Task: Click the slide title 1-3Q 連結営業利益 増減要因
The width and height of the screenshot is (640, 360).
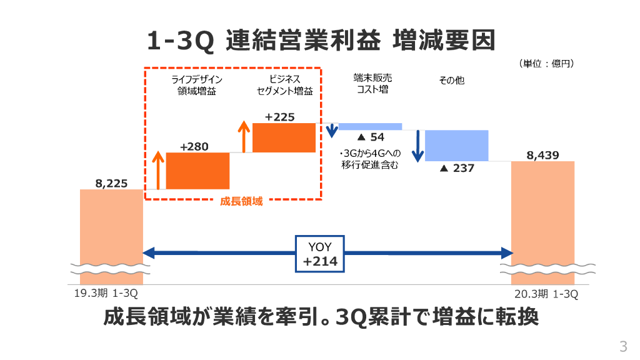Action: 320,41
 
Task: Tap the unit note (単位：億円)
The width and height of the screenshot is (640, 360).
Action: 546,64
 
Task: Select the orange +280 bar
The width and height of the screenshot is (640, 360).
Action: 197,171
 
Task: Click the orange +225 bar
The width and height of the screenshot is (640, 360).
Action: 284,137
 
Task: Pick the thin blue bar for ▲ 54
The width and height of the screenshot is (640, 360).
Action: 370,126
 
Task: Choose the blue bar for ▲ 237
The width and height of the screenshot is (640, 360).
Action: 456,145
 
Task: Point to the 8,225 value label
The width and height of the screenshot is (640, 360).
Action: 111,183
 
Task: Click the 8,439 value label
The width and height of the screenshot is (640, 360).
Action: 542,155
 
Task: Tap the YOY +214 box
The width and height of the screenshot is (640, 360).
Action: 320,254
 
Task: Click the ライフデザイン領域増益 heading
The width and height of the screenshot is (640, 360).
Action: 197,85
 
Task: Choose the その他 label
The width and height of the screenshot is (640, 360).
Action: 451,81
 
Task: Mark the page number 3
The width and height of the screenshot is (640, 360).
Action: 622,346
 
